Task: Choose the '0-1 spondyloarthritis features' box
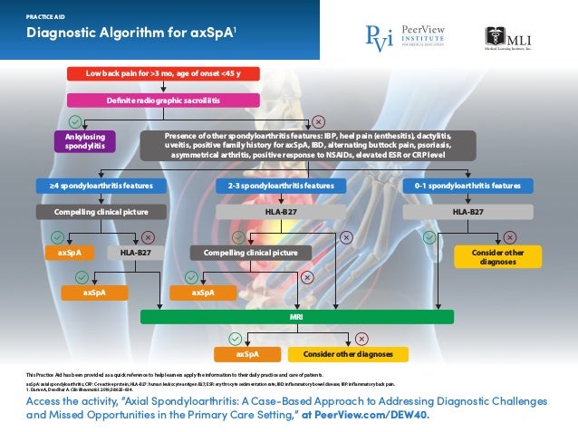coord(467,186)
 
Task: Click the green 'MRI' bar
coord(296,316)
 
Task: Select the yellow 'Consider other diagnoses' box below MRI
coord(347,354)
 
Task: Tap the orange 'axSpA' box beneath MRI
coord(247,354)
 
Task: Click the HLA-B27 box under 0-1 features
coord(467,212)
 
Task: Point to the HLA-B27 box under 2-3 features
coord(282,212)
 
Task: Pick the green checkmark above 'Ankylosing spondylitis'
coord(76,120)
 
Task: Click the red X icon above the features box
coord(319,120)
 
